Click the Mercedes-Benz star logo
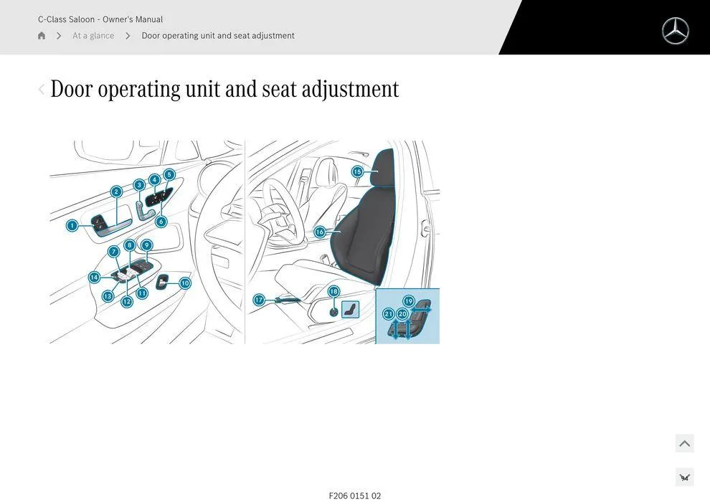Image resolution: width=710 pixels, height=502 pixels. (x=675, y=31)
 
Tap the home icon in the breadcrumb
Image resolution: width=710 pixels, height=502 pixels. (x=42, y=36)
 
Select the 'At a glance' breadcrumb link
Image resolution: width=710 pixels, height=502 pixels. (x=93, y=36)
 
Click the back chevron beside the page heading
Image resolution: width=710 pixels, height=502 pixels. (x=41, y=89)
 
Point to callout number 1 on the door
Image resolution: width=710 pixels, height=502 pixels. (x=72, y=225)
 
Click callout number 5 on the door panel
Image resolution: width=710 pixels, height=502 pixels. (x=169, y=174)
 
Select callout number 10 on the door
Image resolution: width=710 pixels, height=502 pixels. (x=185, y=283)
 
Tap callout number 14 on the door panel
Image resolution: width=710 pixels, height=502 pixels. (x=94, y=277)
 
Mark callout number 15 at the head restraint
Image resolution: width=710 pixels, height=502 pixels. (x=357, y=172)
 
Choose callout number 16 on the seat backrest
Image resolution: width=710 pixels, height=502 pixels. (x=320, y=232)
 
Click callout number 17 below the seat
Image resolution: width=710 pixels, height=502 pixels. (x=259, y=300)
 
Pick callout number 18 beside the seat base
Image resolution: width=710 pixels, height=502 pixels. (x=333, y=292)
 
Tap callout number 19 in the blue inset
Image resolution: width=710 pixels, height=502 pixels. (x=409, y=301)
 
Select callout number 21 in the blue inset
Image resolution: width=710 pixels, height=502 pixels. (x=388, y=314)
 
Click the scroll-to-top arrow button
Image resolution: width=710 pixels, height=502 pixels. (x=684, y=443)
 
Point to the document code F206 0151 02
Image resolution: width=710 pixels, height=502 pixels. (x=355, y=496)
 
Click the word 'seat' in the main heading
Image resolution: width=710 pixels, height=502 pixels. (x=279, y=89)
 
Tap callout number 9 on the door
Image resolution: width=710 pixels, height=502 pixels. (x=146, y=245)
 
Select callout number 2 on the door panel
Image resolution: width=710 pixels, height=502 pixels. (x=116, y=191)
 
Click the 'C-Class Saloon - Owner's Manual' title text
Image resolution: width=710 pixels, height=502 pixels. (x=100, y=19)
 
